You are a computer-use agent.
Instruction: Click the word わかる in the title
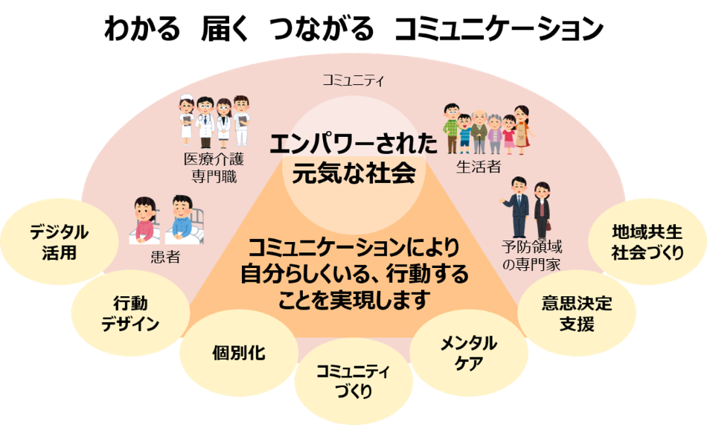click(141, 28)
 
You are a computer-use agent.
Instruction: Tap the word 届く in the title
click(225, 28)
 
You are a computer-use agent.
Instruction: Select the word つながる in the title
click(322, 28)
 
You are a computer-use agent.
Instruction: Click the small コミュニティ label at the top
click(353, 81)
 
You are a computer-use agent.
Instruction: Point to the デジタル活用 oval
click(59, 242)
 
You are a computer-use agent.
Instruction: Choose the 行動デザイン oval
click(130, 313)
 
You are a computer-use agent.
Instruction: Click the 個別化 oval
click(239, 353)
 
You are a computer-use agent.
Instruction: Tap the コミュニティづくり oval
click(353, 381)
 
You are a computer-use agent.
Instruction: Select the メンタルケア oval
click(468, 353)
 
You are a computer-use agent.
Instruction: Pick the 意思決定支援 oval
click(577, 313)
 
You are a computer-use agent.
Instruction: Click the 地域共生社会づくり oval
click(647, 242)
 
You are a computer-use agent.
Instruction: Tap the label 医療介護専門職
click(214, 167)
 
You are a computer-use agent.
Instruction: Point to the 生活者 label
click(479, 167)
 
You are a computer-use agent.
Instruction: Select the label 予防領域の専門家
click(532, 255)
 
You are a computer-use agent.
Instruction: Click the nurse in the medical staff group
click(186, 120)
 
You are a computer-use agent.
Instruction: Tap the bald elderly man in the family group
click(479, 132)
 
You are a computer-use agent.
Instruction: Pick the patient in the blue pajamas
click(182, 218)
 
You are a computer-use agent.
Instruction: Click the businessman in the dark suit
click(517, 206)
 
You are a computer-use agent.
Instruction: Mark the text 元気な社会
click(353, 173)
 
